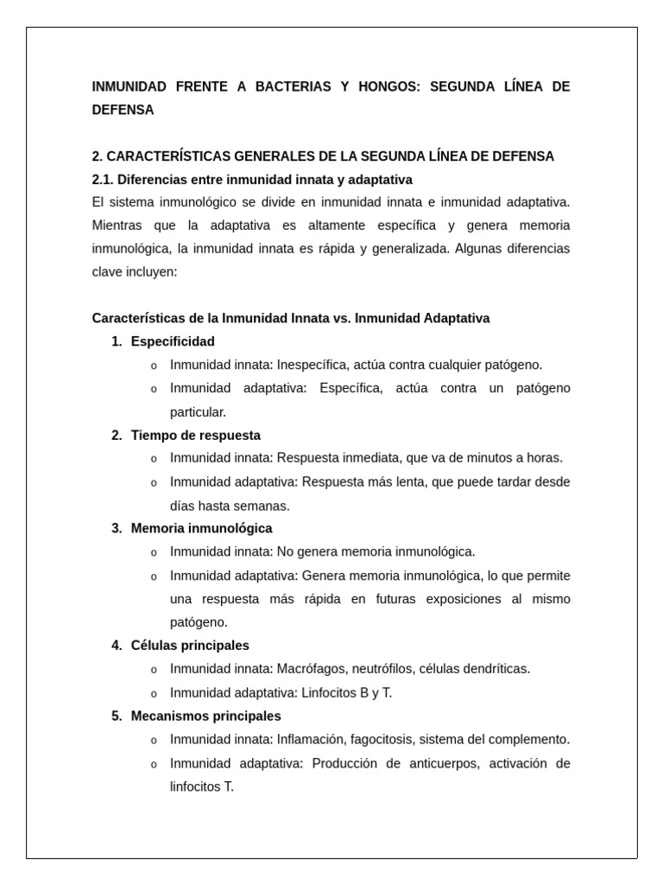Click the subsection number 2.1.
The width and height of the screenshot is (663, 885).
[102, 180]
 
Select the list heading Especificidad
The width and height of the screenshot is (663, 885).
[173, 341]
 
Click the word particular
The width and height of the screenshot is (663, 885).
[198, 412]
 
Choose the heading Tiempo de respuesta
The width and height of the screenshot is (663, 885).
[195, 436]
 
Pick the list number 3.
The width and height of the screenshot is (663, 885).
[116, 528]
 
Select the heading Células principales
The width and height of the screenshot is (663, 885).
[190, 646]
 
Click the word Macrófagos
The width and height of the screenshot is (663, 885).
[309, 669]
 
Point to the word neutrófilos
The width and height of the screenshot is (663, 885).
[379, 669]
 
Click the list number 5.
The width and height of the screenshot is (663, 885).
[116, 716]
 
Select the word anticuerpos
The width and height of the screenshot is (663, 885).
[450, 764]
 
